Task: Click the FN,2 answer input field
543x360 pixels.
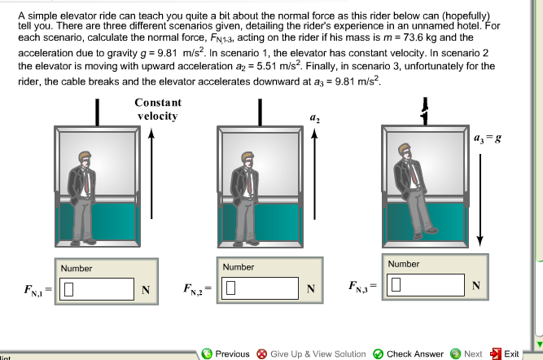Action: tap(261, 287)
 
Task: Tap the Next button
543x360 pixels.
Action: tap(466, 353)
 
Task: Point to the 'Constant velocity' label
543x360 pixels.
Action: tap(157, 110)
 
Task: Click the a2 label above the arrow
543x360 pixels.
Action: tap(313, 119)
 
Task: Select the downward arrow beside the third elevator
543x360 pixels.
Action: tap(480, 195)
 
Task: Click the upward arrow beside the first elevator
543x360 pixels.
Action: tap(151, 187)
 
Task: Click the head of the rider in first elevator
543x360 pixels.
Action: tap(83, 160)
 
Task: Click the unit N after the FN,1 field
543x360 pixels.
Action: tap(146, 288)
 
